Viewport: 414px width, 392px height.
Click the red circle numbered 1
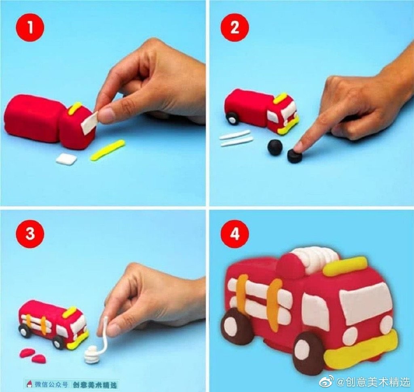pyautogui.click(x=30, y=28)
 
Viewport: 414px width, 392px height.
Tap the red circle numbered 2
pyautogui.click(x=235, y=28)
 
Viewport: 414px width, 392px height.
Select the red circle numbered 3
pyautogui.click(x=30, y=234)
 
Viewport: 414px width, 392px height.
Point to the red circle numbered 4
pyautogui.click(x=235, y=234)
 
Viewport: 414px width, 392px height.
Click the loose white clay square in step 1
pyautogui.click(x=66, y=158)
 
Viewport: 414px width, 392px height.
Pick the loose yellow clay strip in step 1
pyautogui.click(x=108, y=150)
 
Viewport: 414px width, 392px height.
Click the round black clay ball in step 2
pyautogui.click(x=275, y=146)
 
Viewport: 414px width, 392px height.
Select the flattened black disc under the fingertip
pyautogui.click(x=294, y=156)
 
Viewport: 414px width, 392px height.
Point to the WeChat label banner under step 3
pyautogui.click(x=72, y=384)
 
